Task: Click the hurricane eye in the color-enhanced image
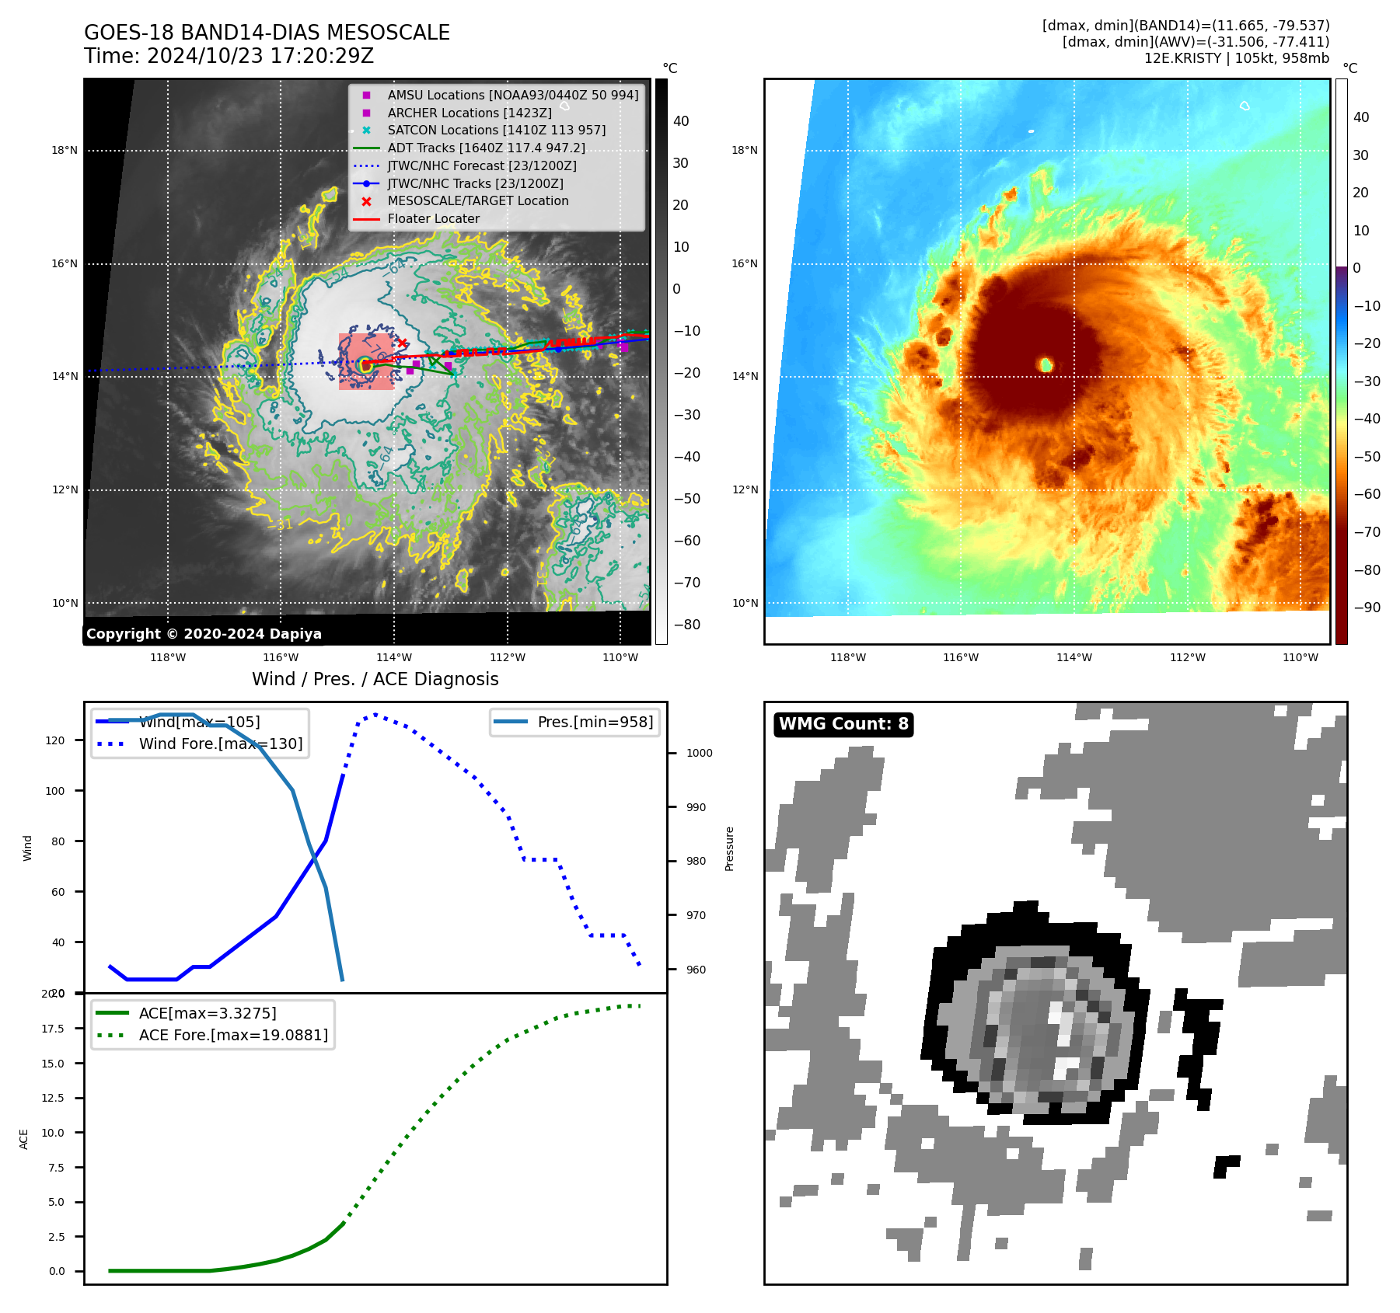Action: pos(1046,364)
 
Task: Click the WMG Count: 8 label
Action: pos(843,724)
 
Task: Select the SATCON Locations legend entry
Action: pos(496,131)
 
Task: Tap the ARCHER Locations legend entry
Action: pos(470,113)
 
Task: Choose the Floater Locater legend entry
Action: pos(433,219)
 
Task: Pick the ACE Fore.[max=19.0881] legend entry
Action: pos(233,1036)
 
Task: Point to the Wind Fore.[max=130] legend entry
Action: pos(221,744)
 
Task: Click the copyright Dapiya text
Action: pos(204,634)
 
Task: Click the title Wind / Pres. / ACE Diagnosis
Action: pos(375,680)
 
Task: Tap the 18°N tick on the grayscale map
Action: pos(65,151)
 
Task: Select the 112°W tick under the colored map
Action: pos(1187,658)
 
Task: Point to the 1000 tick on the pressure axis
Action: pos(699,753)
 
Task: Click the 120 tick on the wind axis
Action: pos(55,740)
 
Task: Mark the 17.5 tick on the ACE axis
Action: pos(53,1029)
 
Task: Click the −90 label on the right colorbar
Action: pos(1367,608)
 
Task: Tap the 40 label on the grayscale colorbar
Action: pos(681,121)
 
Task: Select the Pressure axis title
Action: pos(729,848)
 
